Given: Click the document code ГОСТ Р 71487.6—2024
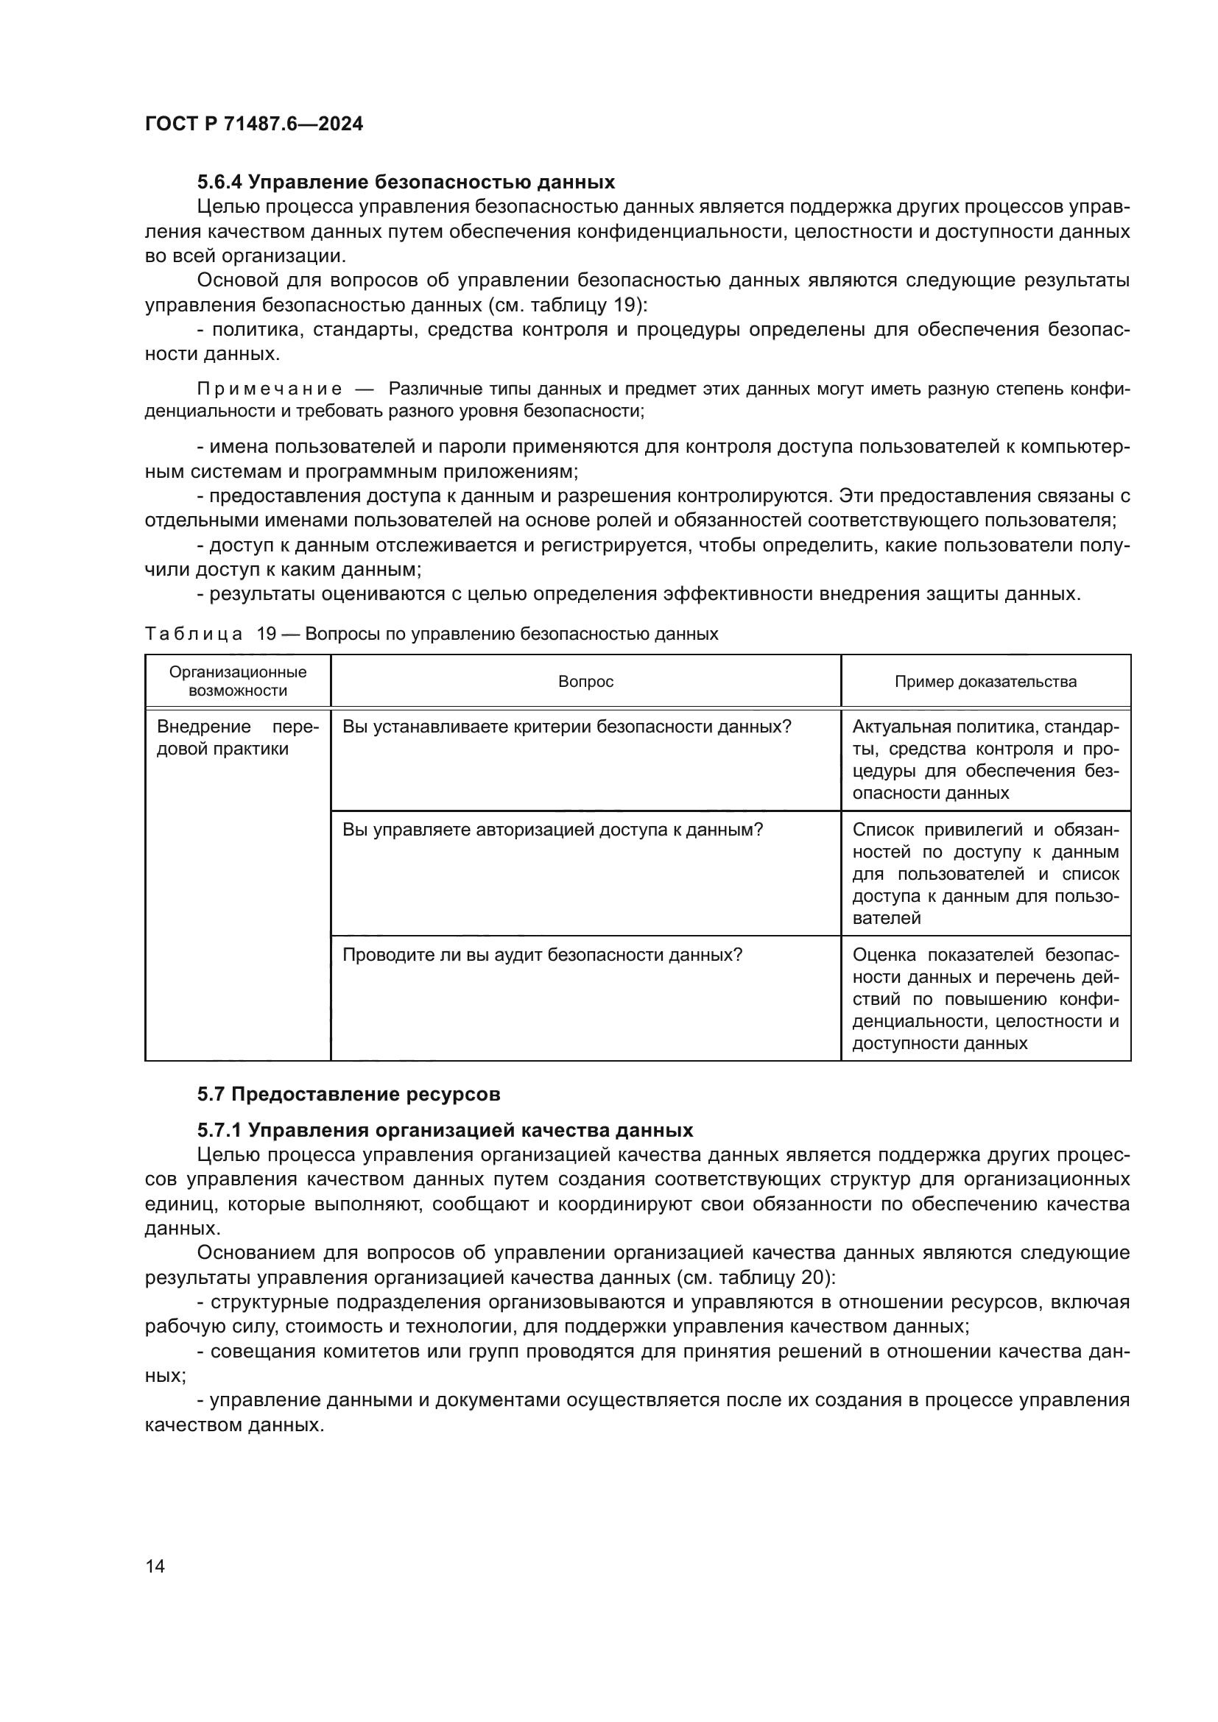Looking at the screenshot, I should (x=253, y=124).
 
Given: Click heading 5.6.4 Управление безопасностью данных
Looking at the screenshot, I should (x=406, y=183).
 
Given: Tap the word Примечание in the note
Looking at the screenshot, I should (x=270, y=389).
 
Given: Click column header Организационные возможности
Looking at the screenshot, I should (x=238, y=681).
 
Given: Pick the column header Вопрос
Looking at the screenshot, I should (x=585, y=681).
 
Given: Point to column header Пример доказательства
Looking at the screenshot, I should (x=985, y=681).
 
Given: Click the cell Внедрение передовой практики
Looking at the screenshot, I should (x=238, y=738).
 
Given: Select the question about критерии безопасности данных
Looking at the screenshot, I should (x=567, y=727).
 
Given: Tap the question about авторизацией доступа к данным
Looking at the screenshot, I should (x=553, y=830).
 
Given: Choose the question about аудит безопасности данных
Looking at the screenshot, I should (x=542, y=955).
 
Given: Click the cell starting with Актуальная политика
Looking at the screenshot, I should (x=985, y=760).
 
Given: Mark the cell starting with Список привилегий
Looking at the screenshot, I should (x=985, y=874).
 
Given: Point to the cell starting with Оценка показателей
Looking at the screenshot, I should (x=985, y=998).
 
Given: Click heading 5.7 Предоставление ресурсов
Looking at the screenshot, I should (x=349, y=1094).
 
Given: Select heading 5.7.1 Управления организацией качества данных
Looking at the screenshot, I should (x=445, y=1130).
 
